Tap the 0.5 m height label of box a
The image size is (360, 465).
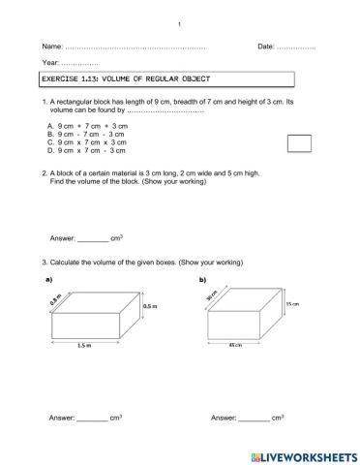(x=150, y=306)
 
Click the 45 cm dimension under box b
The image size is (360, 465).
(x=234, y=345)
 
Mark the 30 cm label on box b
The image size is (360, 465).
(x=210, y=298)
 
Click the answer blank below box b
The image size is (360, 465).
(x=254, y=418)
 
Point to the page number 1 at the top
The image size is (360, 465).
(x=180, y=23)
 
